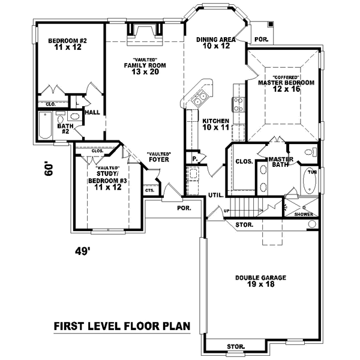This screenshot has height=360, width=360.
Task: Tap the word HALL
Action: pyautogui.click(x=92, y=112)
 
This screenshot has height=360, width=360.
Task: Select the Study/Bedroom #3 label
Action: pyautogui.click(x=107, y=180)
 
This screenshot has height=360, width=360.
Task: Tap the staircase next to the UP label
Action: pyautogui.click(x=247, y=208)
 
